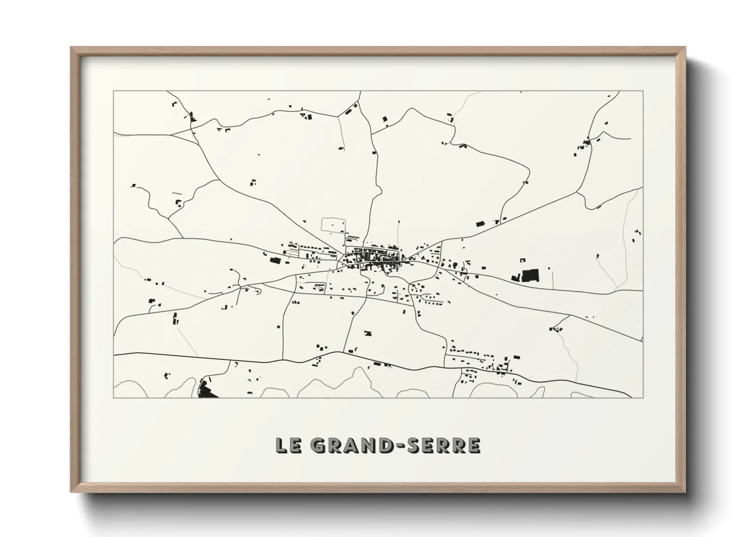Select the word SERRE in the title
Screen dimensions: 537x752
[x=442, y=445]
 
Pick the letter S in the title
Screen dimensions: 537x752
[x=412, y=445]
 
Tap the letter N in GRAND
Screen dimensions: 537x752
[x=367, y=445]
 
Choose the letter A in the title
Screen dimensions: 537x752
[x=351, y=445]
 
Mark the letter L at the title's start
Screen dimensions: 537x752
[x=281, y=445]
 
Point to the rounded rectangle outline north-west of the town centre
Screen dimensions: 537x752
[x=334, y=225]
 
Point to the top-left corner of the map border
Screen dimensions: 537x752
[x=113, y=91]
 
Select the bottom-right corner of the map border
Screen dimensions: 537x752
[x=643, y=398]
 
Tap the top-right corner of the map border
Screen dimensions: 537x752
[x=643, y=91]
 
